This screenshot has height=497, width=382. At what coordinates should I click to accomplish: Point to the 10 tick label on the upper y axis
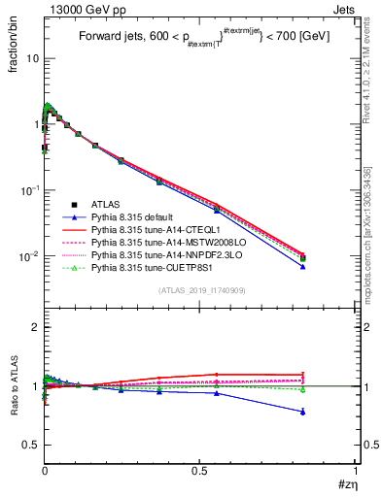(x=30, y=58)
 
